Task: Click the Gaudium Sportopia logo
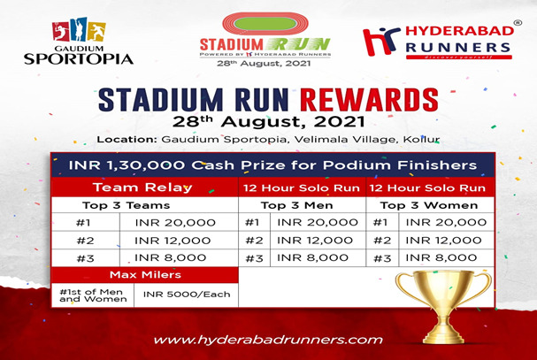click(x=79, y=42)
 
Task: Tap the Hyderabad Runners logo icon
click(x=381, y=41)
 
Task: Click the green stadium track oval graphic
click(x=265, y=24)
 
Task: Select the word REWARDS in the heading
click(x=369, y=100)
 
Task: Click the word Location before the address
click(x=127, y=140)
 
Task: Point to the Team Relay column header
click(x=142, y=188)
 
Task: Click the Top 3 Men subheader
click(x=296, y=205)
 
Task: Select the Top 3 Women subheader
click(x=429, y=205)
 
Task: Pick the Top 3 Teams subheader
click(x=126, y=205)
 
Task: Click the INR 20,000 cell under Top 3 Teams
click(x=175, y=223)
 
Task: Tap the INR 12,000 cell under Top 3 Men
click(x=315, y=240)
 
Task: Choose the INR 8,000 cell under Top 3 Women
click(x=441, y=257)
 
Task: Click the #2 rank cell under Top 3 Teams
click(x=85, y=241)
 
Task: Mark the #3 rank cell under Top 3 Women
click(x=382, y=258)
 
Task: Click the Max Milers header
click(x=145, y=275)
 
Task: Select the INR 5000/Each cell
click(x=187, y=295)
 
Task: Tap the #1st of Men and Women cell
click(x=93, y=295)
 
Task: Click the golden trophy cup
click(x=443, y=306)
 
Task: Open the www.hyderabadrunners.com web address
click(x=268, y=340)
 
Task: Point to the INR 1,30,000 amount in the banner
click(x=127, y=165)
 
